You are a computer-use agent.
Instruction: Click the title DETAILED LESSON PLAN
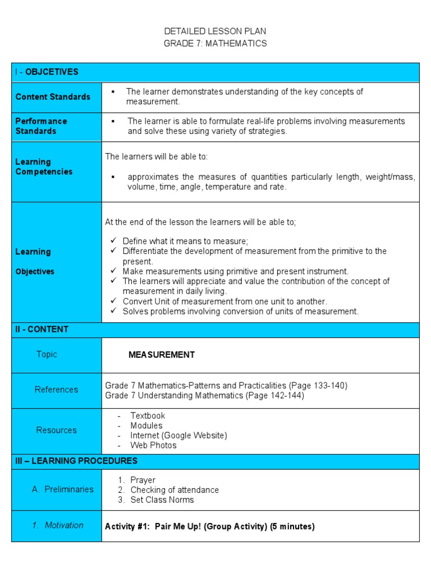click(215, 31)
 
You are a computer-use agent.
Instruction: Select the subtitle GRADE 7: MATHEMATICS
click(215, 43)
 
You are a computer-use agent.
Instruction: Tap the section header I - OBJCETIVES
click(47, 72)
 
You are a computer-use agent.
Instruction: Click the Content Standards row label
click(53, 97)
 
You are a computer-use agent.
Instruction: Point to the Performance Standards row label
click(41, 126)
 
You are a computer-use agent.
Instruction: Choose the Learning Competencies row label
click(44, 167)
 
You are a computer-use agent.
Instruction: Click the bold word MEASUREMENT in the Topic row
click(162, 355)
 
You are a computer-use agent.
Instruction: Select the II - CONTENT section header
click(42, 330)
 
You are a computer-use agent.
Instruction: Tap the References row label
click(56, 390)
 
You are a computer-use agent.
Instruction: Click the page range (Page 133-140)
click(318, 386)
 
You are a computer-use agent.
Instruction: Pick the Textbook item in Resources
click(148, 416)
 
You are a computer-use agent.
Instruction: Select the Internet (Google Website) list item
click(178, 436)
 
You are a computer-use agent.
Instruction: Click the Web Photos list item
click(153, 446)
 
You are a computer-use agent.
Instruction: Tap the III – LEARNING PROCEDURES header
click(76, 461)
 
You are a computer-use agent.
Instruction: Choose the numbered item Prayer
click(143, 480)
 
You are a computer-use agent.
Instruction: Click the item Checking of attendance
click(175, 490)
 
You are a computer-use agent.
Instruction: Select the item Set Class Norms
click(162, 500)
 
